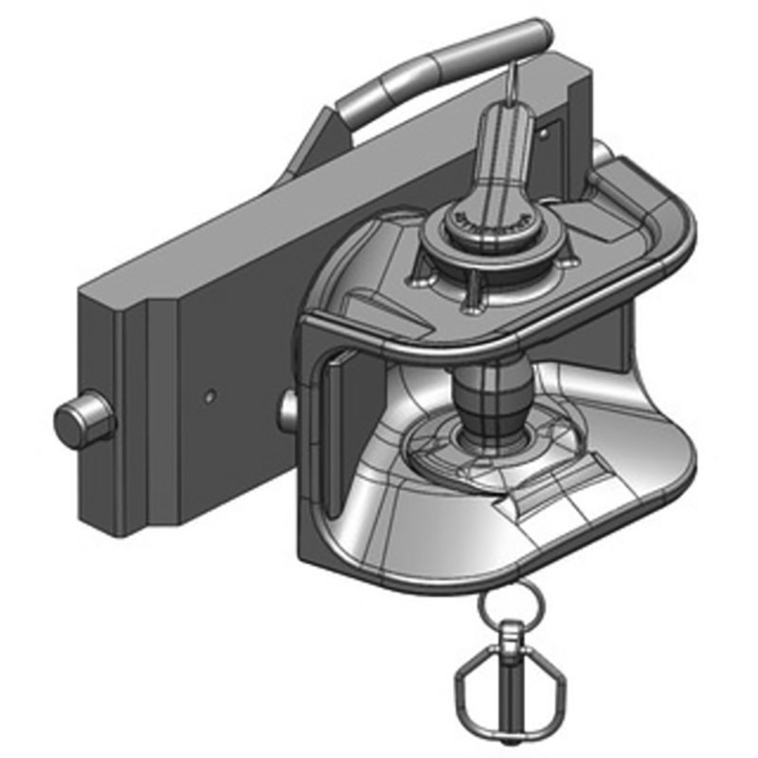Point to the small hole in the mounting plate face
[x=211, y=390]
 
